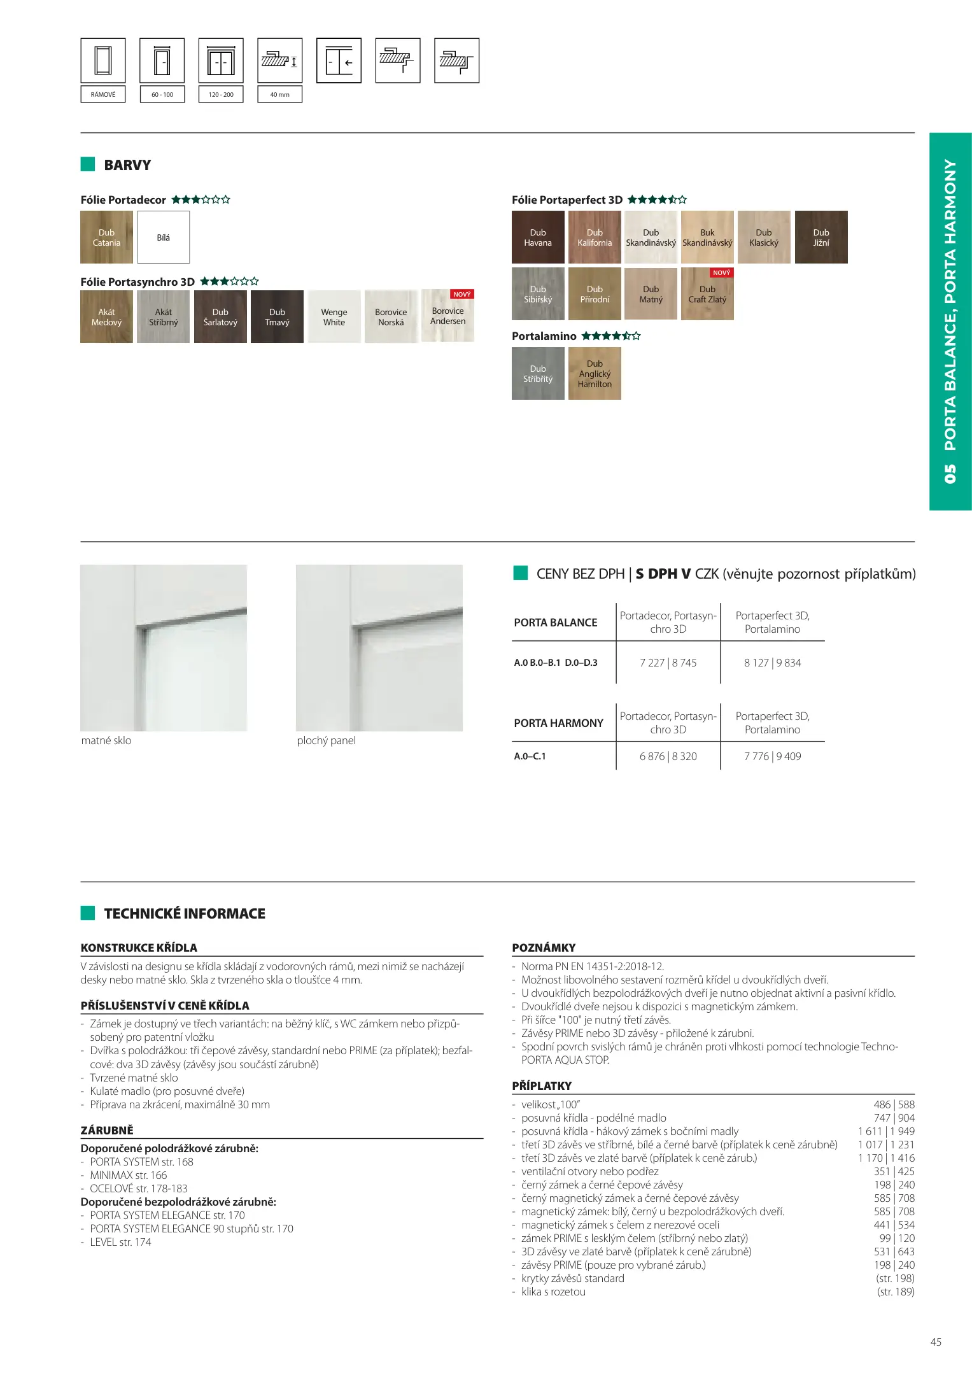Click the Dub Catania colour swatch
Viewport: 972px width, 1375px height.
coord(106,237)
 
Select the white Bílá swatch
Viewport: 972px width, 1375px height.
coord(164,237)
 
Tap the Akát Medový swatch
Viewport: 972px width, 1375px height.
coord(106,317)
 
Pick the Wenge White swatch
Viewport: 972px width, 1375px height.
coord(334,317)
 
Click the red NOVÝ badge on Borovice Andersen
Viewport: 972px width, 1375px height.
coord(462,295)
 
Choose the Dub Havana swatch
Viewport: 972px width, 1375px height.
coord(538,237)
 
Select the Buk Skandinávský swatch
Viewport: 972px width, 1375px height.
coord(707,237)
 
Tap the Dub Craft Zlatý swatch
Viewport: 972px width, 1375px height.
coord(707,294)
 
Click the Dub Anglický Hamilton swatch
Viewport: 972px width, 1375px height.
coord(595,374)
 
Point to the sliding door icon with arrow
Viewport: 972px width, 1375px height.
coord(339,61)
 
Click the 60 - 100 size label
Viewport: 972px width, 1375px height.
coord(162,95)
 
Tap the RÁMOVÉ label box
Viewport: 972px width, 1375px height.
coord(103,95)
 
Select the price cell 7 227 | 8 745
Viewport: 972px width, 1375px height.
coord(668,663)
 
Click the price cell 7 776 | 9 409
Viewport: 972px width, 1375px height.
coord(772,756)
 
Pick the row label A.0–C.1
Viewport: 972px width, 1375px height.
coord(530,756)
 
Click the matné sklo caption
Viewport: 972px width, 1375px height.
coord(106,740)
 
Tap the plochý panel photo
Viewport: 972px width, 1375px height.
coord(379,647)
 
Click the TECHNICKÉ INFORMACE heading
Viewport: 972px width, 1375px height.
coord(185,913)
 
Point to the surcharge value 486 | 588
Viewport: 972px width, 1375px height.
coord(894,1104)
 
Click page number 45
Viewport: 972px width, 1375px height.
coord(936,1342)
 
